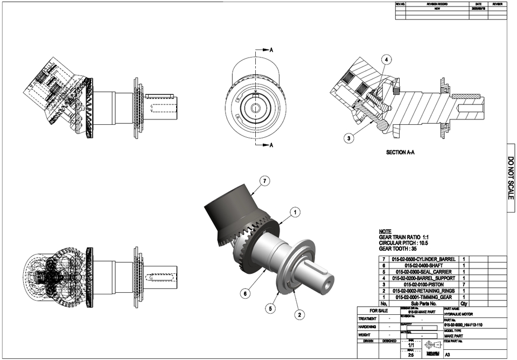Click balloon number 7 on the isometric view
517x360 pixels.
(x=264, y=181)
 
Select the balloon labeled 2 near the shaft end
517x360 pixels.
(x=299, y=314)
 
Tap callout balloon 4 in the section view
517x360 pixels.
(x=387, y=60)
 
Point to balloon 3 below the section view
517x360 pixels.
(x=350, y=138)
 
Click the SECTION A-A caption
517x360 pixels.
(x=401, y=153)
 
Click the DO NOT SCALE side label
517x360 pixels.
(x=511, y=178)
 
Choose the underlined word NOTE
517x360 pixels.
(x=385, y=231)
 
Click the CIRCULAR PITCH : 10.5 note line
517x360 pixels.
(x=407, y=243)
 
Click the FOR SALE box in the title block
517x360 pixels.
(x=378, y=311)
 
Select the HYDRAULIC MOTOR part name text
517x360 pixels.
(x=459, y=314)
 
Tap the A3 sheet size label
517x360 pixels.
(x=448, y=355)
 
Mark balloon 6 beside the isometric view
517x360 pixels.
(x=244, y=294)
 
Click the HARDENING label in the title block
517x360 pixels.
(x=368, y=327)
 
